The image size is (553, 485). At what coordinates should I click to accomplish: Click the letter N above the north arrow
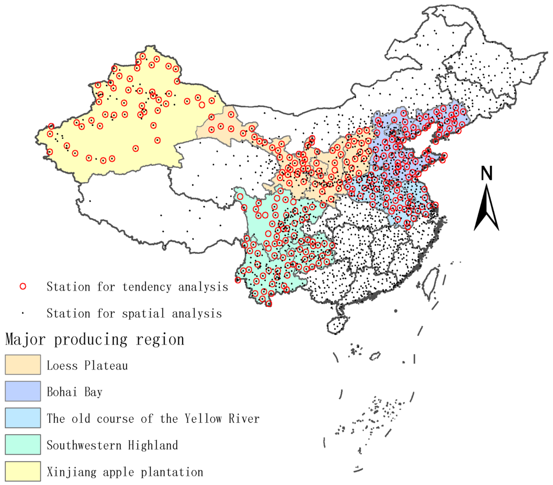tap(487, 173)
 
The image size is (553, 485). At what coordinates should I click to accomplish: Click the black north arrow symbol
tap(487, 208)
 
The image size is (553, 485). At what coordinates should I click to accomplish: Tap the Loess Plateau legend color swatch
tap(23, 365)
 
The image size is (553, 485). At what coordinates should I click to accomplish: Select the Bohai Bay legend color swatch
tap(23, 392)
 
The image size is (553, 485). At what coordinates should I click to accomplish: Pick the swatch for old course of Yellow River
tap(23, 418)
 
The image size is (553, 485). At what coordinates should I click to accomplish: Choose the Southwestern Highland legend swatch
tap(23, 445)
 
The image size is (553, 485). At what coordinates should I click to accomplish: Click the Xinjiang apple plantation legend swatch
tap(23, 471)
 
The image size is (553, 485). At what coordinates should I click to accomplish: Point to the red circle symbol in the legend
tap(23, 286)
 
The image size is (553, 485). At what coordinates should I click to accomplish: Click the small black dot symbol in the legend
tap(23, 313)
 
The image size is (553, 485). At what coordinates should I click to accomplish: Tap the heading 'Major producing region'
tap(95, 340)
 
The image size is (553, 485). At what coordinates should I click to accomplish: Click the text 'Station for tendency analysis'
tap(137, 287)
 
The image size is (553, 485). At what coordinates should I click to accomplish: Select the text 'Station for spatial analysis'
tap(134, 313)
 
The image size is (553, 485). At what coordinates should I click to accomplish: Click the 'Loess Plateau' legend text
tap(87, 366)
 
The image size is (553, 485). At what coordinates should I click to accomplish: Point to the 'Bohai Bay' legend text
tap(74, 392)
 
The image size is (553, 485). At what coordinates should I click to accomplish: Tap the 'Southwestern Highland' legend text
tap(112, 446)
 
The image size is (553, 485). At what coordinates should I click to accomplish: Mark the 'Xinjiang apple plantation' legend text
tap(125, 472)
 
